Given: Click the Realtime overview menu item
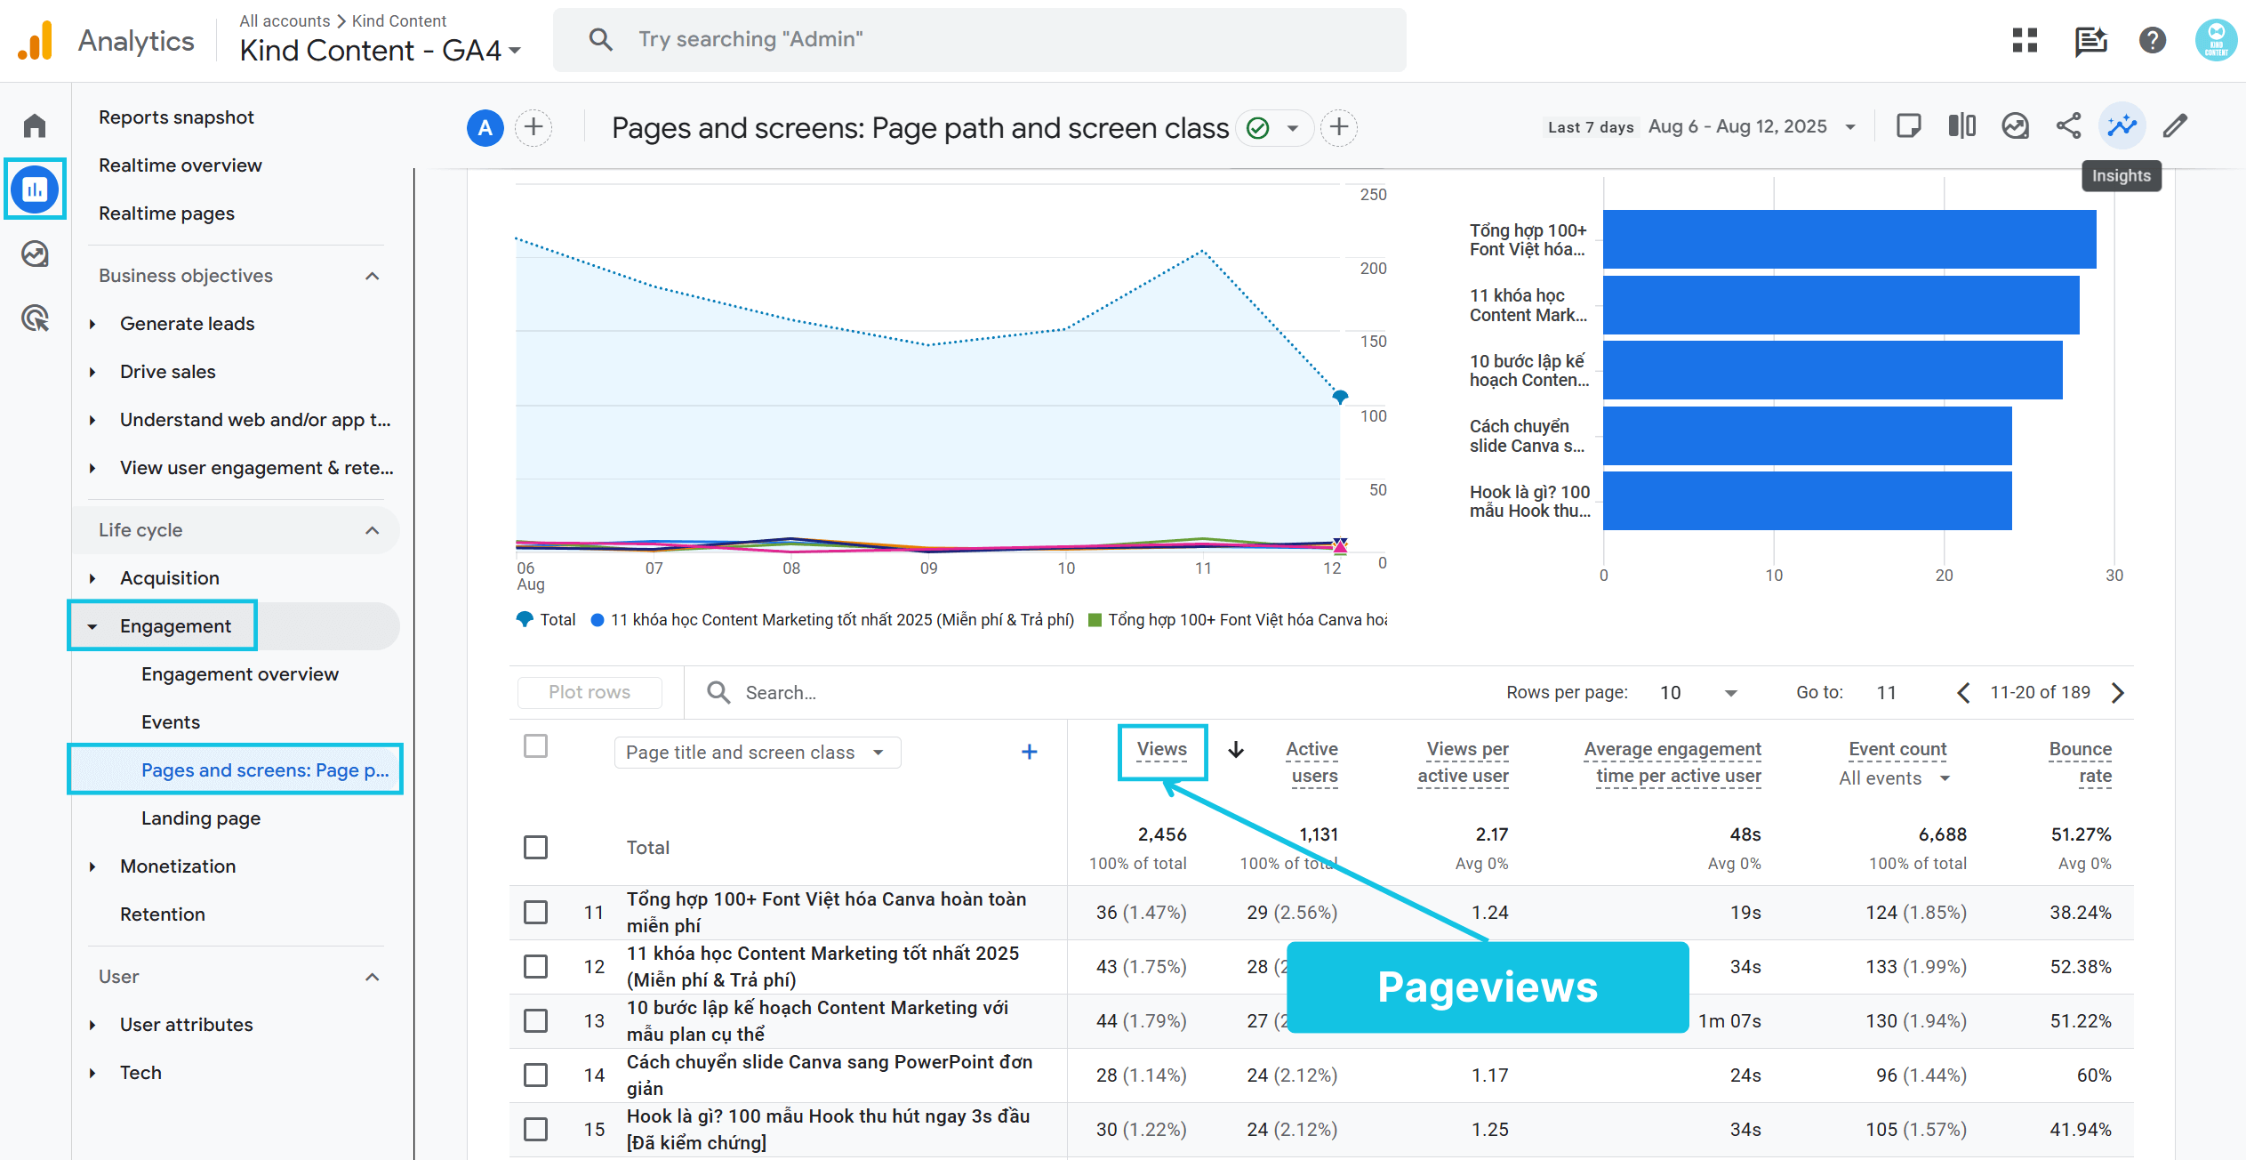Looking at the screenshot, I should pyautogui.click(x=180, y=165).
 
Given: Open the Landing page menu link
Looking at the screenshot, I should pyautogui.click(x=200, y=818).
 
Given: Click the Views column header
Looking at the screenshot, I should pyautogui.click(x=1161, y=750).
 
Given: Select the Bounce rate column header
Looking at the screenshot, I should pyautogui.click(x=2080, y=762).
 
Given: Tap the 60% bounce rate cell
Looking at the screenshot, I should pyautogui.click(x=2093, y=1075).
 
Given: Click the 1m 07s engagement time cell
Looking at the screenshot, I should pyautogui.click(x=1729, y=1021).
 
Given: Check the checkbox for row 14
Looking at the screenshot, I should pyautogui.click(x=535, y=1075).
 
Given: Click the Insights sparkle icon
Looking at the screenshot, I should pyautogui.click(x=2122, y=126).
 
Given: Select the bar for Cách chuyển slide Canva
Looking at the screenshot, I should pyautogui.click(x=1807, y=436).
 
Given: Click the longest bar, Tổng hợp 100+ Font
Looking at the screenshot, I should pyautogui.click(x=1849, y=239).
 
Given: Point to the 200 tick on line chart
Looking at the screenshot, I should pyautogui.click(x=1373, y=269).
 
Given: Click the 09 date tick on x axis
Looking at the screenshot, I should pyautogui.click(x=928, y=568).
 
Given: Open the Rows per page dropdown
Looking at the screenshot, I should pyautogui.click(x=1698, y=693).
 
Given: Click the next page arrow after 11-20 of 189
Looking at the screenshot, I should pyautogui.click(x=2118, y=693).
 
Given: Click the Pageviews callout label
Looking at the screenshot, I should pyautogui.click(x=1487, y=987).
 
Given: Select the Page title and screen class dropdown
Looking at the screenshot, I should pyautogui.click(x=757, y=753).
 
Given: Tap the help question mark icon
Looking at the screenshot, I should pyautogui.click(x=2152, y=41).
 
